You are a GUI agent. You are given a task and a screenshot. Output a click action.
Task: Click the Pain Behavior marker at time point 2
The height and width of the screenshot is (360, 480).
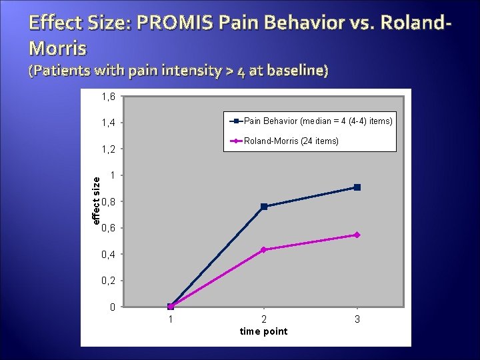tap(264, 207)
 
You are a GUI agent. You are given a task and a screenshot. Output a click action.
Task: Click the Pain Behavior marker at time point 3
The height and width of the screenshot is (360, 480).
tap(357, 187)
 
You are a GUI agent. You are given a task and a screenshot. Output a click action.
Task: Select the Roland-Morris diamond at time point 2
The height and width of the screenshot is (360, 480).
tap(264, 249)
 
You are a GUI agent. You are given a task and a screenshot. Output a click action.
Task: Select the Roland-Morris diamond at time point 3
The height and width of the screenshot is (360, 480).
tap(357, 235)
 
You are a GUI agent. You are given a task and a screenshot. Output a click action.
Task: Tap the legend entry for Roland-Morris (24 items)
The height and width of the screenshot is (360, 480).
tap(291, 141)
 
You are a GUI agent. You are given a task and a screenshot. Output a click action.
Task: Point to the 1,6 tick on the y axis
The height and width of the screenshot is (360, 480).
tap(108, 97)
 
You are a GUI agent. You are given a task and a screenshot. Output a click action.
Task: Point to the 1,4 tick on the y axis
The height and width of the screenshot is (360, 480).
tap(108, 123)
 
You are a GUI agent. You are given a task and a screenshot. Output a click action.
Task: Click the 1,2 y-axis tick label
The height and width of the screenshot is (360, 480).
tap(108, 149)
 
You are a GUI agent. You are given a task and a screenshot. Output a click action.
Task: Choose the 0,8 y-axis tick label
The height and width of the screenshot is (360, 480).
tap(108, 202)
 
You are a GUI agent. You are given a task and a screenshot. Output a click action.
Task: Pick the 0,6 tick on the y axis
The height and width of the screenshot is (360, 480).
tap(108, 228)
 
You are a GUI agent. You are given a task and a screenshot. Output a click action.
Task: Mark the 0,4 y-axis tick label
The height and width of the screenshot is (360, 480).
tap(108, 255)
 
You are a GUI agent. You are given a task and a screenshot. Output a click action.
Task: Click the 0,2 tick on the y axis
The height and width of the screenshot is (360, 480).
tap(108, 281)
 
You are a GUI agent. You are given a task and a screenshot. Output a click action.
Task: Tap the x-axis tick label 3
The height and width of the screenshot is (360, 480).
tap(357, 320)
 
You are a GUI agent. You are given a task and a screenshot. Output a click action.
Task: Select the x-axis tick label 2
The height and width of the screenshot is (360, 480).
tap(264, 320)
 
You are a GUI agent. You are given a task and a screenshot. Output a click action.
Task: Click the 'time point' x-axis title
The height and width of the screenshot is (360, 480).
tap(264, 331)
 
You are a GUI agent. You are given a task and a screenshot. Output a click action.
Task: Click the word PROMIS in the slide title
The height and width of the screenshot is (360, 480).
tap(172, 24)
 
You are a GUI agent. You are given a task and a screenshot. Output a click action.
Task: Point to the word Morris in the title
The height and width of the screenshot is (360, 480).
tap(58, 48)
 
